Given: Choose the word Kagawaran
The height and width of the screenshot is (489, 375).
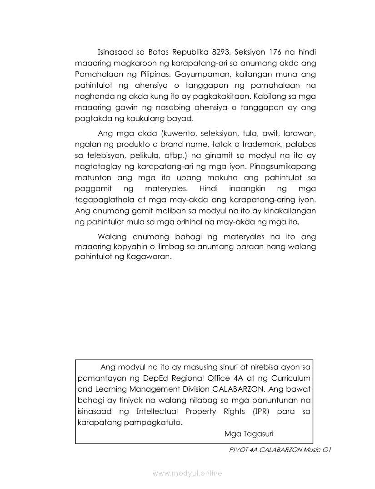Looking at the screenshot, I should pos(147,257).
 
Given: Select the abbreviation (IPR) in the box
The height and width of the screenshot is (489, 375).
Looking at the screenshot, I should pos(262,412).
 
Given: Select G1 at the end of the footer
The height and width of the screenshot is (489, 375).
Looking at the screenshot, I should pos(324,450).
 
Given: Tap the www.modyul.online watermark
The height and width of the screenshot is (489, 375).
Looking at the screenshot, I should pos(187,474).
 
